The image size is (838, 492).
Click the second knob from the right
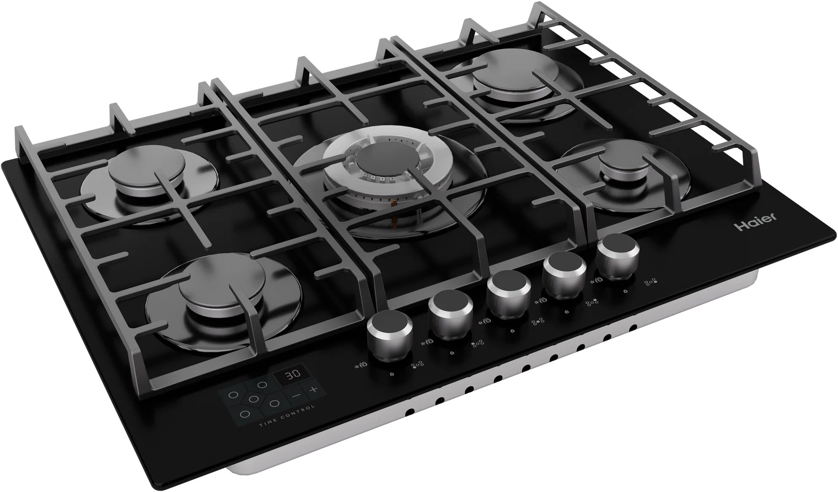click(564, 274)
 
